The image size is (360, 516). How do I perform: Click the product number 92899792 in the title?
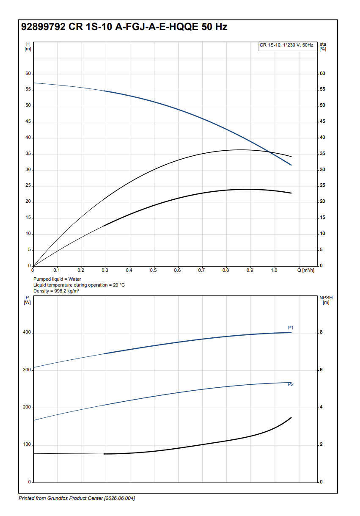tap(43, 27)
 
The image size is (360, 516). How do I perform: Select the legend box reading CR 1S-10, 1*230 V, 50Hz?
tap(288, 45)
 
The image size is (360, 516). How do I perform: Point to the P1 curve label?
tap(291, 328)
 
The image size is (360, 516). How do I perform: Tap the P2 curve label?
tap(291, 384)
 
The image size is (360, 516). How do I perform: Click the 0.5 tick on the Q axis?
tap(153, 270)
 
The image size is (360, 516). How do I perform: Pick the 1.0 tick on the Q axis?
tap(274, 270)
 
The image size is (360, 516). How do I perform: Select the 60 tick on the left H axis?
tap(28, 74)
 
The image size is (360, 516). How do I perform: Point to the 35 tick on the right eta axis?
tap(322, 154)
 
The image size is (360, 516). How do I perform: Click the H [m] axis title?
tap(28, 47)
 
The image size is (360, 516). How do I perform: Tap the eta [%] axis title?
tap(323, 47)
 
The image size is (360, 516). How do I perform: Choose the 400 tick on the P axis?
tap(27, 333)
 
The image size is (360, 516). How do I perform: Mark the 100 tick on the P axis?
tap(27, 445)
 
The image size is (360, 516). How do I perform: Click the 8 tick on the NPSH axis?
tap(321, 333)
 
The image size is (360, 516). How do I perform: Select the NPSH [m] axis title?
tap(325, 300)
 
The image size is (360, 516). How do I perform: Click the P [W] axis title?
tap(27, 300)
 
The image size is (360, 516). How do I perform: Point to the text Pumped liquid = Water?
tap(57, 279)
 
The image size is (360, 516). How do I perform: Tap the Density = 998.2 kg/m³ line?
tap(56, 291)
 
